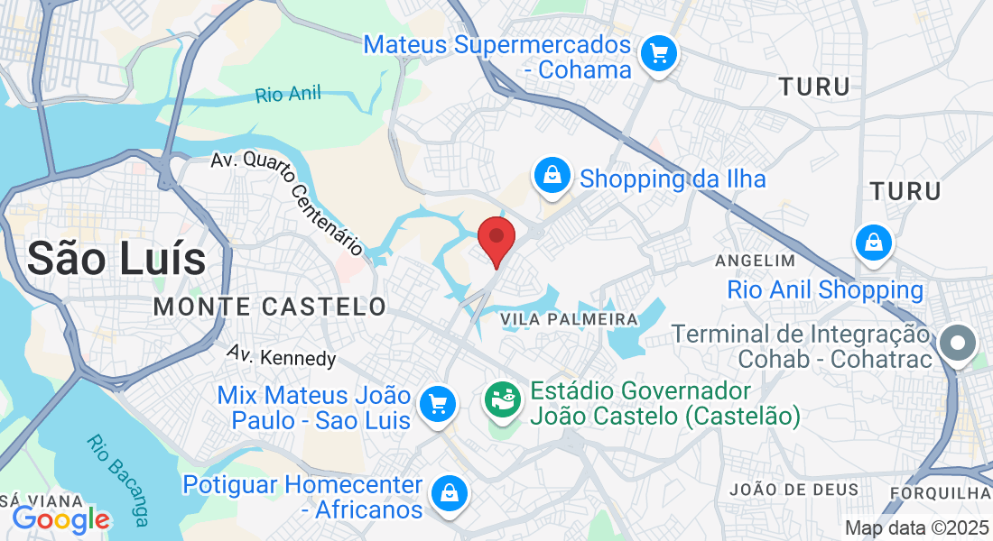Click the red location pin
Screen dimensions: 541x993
tap(496, 237)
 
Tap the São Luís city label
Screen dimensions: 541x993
tap(116, 259)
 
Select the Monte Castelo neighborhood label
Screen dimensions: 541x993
tap(269, 307)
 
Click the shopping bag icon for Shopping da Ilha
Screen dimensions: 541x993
tap(552, 175)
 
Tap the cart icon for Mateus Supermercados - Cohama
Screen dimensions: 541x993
tap(659, 55)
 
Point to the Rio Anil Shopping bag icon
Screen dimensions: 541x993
tap(874, 243)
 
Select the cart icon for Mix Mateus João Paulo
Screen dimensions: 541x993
tap(439, 403)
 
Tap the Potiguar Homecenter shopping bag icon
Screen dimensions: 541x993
tap(448, 492)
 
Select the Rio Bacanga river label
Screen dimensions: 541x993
tap(118, 481)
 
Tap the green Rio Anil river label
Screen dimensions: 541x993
tap(288, 94)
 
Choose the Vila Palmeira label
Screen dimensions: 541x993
tap(569, 320)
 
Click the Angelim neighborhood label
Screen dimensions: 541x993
tap(755, 261)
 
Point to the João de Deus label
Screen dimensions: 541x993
tap(793, 490)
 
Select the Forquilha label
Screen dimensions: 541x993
tap(940, 493)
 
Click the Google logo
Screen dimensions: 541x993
tap(61, 519)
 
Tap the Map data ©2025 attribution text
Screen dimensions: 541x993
tap(916, 528)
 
